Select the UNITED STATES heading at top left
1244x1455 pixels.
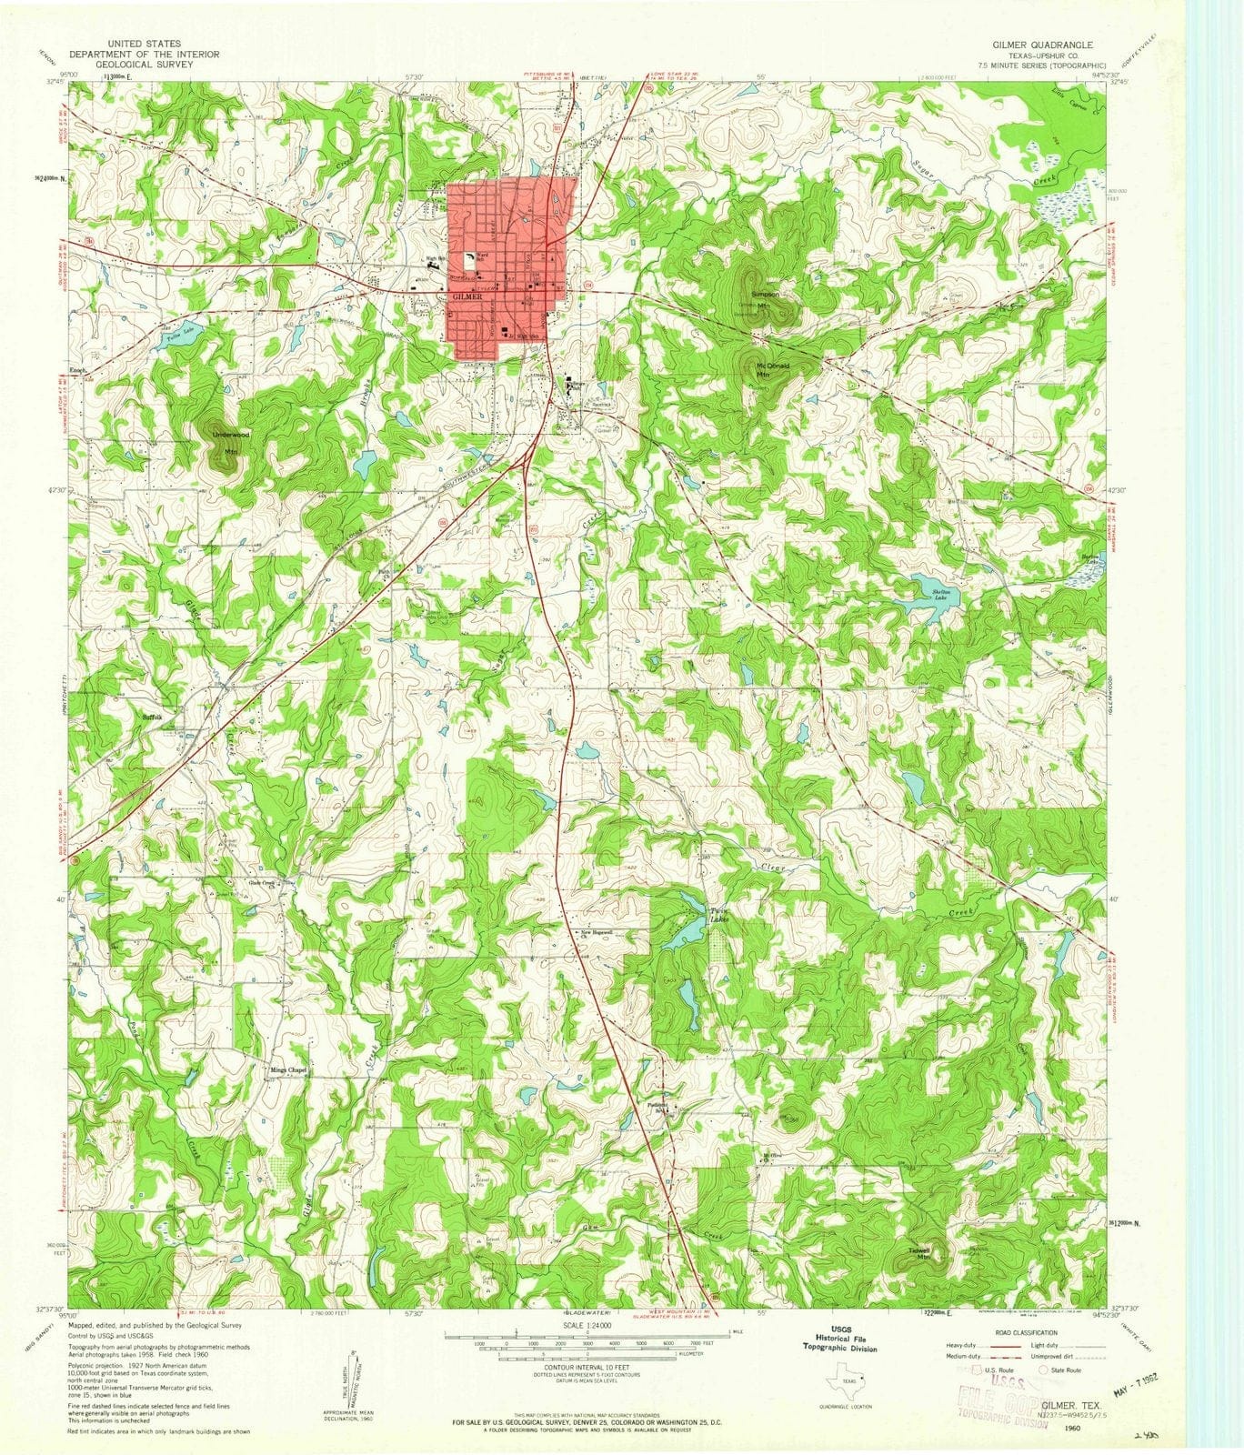[x=144, y=44]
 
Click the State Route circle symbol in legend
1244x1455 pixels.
[x=1043, y=1370]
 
